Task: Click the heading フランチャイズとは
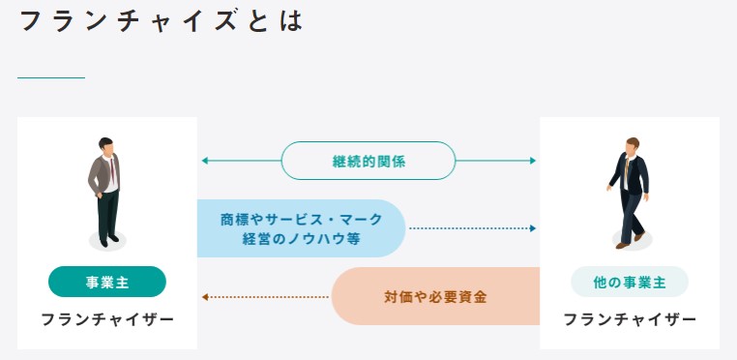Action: tap(162, 21)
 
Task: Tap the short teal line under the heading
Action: tap(51, 77)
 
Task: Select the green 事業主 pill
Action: tap(107, 282)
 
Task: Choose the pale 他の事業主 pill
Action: tap(630, 282)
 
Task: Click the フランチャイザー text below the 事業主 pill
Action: tap(107, 320)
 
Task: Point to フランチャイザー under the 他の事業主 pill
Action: tap(630, 320)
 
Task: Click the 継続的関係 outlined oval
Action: tap(368, 161)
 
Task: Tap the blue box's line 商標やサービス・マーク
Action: tap(302, 220)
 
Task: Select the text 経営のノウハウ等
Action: tap(302, 239)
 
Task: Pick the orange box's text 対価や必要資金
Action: tap(435, 297)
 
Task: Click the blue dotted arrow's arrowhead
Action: tap(533, 228)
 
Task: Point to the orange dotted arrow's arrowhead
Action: tap(205, 297)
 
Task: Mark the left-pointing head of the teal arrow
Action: tap(205, 161)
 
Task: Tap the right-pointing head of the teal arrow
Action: tap(533, 161)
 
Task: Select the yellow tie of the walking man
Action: tap(627, 168)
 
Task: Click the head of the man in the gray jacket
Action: tap(106, 146)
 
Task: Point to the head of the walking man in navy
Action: tap(633, 146)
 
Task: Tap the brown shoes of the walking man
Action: tap(631, 240)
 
